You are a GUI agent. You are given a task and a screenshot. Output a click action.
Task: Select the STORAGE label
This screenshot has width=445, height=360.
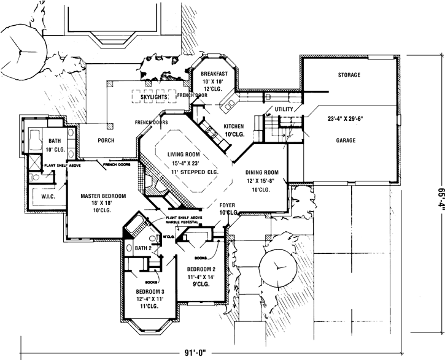coord(349,75)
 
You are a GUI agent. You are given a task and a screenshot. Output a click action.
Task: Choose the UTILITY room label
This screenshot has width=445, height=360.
coord(284,109)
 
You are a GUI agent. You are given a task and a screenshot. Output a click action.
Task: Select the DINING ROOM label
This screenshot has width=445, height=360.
coord(263,172)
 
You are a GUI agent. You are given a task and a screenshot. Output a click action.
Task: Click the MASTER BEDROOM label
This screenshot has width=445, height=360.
coord(104,196)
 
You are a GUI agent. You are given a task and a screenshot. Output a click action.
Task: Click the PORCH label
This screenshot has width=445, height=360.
coord(106,140)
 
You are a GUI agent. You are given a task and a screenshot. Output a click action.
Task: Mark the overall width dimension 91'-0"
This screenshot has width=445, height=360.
coord(202,353)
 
